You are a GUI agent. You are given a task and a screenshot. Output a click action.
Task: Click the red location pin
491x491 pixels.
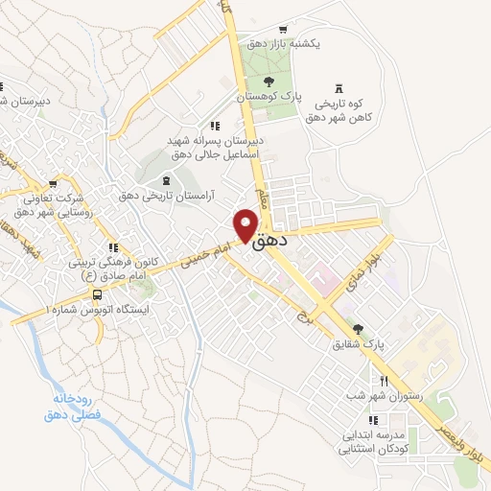[246, 224]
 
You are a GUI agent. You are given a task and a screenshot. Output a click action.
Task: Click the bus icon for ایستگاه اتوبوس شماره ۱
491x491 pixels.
[97, 294]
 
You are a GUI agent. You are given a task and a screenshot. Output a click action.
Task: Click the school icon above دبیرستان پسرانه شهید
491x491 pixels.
[215, 125]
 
